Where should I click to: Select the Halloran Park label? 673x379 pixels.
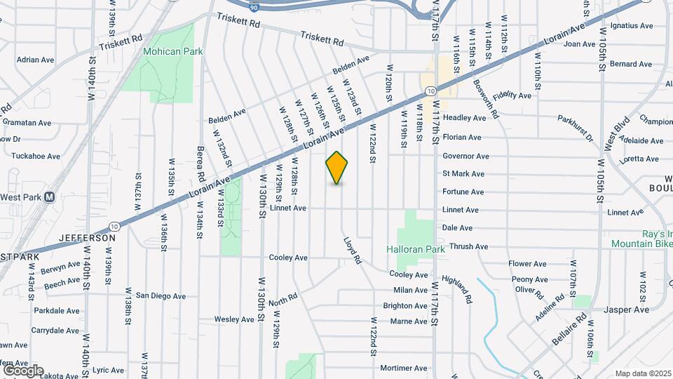[x=416, y=249]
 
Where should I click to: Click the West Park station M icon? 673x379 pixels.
[x=49, y=197]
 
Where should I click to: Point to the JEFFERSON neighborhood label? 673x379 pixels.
[x=87, y=238]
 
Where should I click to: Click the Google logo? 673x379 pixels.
[x=22, y=370]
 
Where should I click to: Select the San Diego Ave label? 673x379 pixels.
[x=161, y=296]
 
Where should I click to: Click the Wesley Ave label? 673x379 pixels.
[x=233, y=319]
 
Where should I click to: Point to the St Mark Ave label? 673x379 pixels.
[x=463, y=173]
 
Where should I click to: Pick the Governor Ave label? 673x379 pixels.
[x=465, y=156]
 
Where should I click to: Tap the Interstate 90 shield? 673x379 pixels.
[x=253, y=4]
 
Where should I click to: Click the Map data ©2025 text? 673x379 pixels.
[x=643, y=373]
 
